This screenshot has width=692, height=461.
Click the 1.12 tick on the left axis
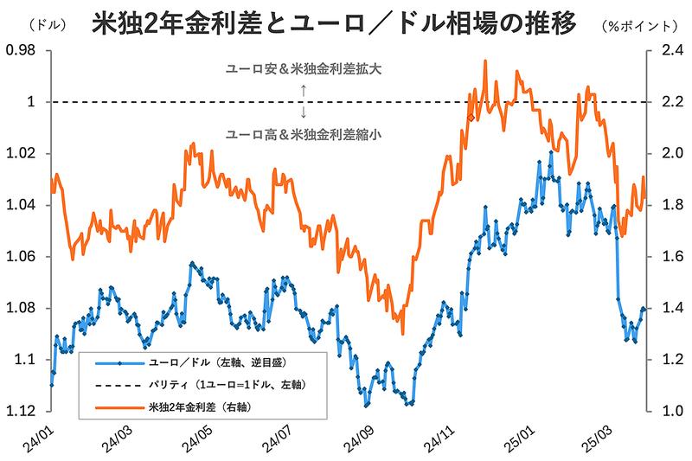(x=22, y=410)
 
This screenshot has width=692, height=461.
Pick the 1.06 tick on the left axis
(x=22, y=256)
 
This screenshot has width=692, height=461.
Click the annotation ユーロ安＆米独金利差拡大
(x=303, y=68)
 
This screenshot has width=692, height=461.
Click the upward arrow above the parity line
(x=304, y=89)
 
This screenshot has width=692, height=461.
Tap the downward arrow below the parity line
(x=304, y=113)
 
